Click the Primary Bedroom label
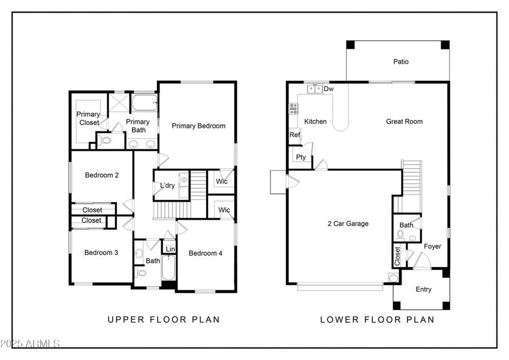pos(198,126)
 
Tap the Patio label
pos(400,61)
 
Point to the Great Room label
pos(404,121)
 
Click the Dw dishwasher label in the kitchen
pos(329,89)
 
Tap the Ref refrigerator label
pos(294,135)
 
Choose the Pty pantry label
pos(301,157)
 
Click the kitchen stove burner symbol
pos(294,109)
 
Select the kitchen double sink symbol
pos(315,89)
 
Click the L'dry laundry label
pos(167,185)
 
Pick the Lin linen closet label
pos(170,249)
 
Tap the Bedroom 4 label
pos(206,253)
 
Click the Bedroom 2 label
pos(101,175)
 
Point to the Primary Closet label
pos(88,118)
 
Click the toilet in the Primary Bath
pos(106,142)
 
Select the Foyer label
pos(432,247)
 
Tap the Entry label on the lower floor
pos(423,290)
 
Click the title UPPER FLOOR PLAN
pos(164,320)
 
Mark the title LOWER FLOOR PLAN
pos(377,320)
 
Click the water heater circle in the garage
pos(392,278)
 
